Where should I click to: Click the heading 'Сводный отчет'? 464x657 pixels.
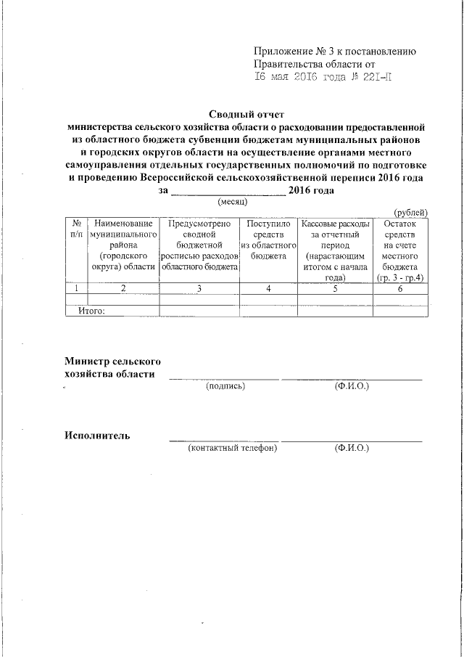[248, 114]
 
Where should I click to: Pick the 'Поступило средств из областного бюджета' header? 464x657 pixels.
[269, 240]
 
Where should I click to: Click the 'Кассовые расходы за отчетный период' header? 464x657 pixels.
[335, 250]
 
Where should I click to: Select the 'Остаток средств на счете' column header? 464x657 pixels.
[399, 250]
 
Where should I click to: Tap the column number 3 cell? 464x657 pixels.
[199, 289]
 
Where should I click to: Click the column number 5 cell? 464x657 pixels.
[335, 289]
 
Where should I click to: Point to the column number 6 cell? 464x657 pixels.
[399, 289]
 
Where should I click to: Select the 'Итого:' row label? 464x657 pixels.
[92, 311]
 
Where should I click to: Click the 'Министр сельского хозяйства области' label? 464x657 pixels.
[112, 368]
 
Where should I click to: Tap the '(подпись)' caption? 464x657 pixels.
[225, 386]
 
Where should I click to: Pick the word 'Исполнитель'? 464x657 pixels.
[97, 436]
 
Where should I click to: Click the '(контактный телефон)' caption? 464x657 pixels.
[233, 449]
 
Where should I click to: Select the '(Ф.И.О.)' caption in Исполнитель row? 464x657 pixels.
[352, 449]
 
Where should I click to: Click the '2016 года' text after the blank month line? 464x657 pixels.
[310, 190]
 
